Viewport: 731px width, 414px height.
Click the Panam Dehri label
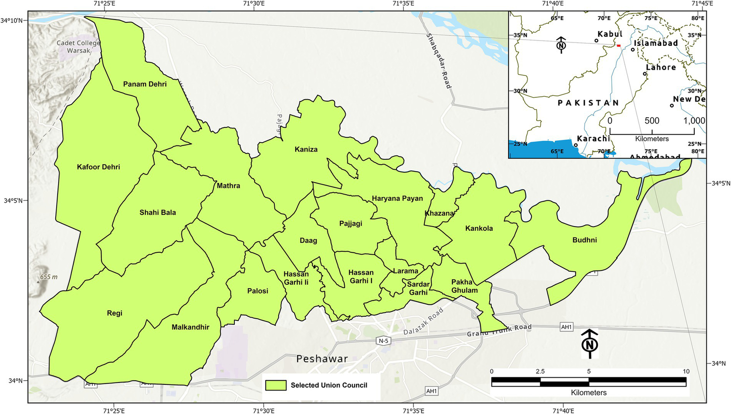click(145, 84)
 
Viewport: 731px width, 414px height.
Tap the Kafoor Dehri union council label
click(99, 167)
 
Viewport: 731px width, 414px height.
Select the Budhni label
click(584, 240)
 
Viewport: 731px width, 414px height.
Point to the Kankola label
click(479, 228)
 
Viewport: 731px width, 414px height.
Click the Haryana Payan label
click(397, 198)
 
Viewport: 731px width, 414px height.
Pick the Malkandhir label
click(190, 327)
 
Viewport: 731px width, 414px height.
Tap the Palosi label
click(258, 291)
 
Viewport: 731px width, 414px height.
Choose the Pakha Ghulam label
click(464, 286)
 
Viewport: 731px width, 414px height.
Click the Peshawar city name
click(322, 359)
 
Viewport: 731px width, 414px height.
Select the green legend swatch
click(276, 385)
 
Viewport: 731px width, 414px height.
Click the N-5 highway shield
click(383, 341)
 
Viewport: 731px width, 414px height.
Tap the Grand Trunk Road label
click(499, 330)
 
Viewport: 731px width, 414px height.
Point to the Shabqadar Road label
click(438, 61)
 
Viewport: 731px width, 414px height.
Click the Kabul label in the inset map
click(610, 34)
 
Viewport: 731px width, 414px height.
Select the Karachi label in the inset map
click(593, 139)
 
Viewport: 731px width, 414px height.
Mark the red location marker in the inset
click(619, 45)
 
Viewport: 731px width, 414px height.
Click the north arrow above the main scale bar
click(590, 343)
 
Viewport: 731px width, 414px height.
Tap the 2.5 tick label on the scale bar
click(540, 372)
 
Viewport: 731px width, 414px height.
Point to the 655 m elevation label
click(49, 277)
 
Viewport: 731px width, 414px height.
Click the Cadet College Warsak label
click(78, 47)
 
